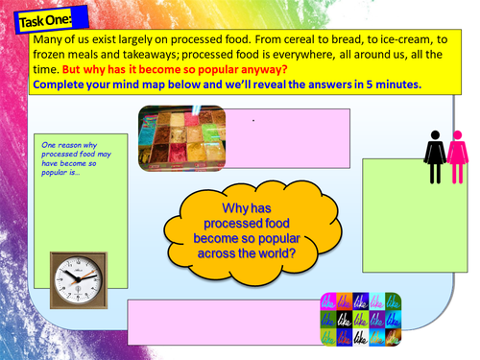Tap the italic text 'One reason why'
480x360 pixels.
point(66,147)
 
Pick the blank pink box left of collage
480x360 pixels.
point(221,321)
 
